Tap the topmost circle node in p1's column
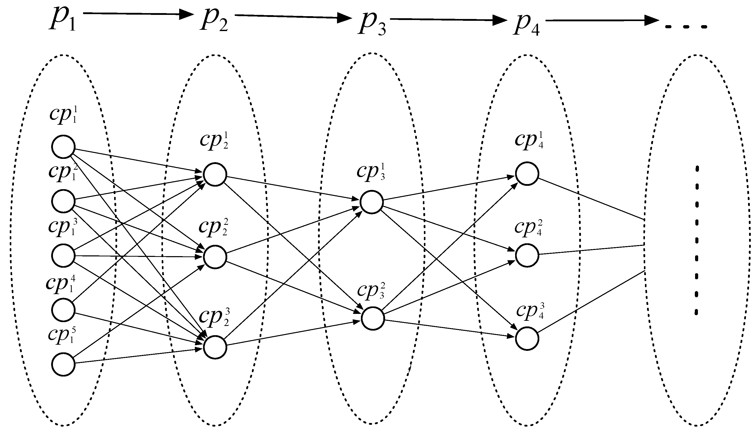click(63, 147)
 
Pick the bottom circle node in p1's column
click(63, 364)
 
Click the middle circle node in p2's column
click(215, 257)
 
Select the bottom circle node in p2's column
click(215, 347)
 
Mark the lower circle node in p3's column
click(372, 318)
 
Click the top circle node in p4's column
click(527, 174)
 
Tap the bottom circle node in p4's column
click(527, 338)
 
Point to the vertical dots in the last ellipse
click(697, 240)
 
